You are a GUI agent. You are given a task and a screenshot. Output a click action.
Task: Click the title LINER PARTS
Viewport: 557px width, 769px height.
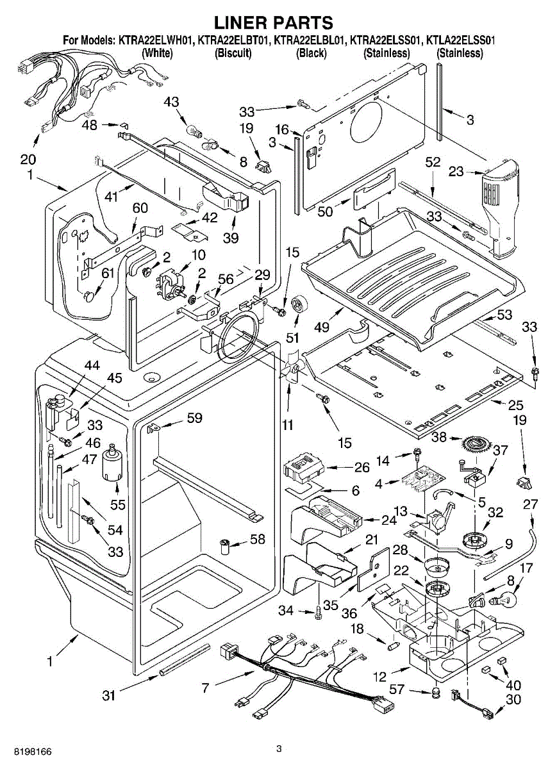(x=278, y=23)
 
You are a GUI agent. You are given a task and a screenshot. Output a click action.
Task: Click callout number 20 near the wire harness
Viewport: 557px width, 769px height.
(x=28, y=160)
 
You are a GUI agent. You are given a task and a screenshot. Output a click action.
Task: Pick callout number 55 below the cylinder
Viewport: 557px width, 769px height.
(x=117, y=505)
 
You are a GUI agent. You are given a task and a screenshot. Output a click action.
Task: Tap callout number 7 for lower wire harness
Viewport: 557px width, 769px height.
(x=205, y=689)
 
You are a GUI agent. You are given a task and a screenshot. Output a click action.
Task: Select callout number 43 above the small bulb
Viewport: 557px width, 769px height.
(x=172, y=101)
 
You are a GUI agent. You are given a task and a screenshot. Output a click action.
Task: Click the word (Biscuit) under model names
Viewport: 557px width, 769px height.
(x=233, y=53)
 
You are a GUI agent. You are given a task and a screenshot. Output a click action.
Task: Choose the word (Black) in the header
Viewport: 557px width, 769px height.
(x=311, y=53)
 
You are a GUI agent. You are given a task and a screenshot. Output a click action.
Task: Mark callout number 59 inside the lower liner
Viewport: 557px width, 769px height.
(x=195, y=418)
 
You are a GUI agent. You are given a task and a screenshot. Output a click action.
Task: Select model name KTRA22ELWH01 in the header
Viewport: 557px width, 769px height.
(x=156, y=40)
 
